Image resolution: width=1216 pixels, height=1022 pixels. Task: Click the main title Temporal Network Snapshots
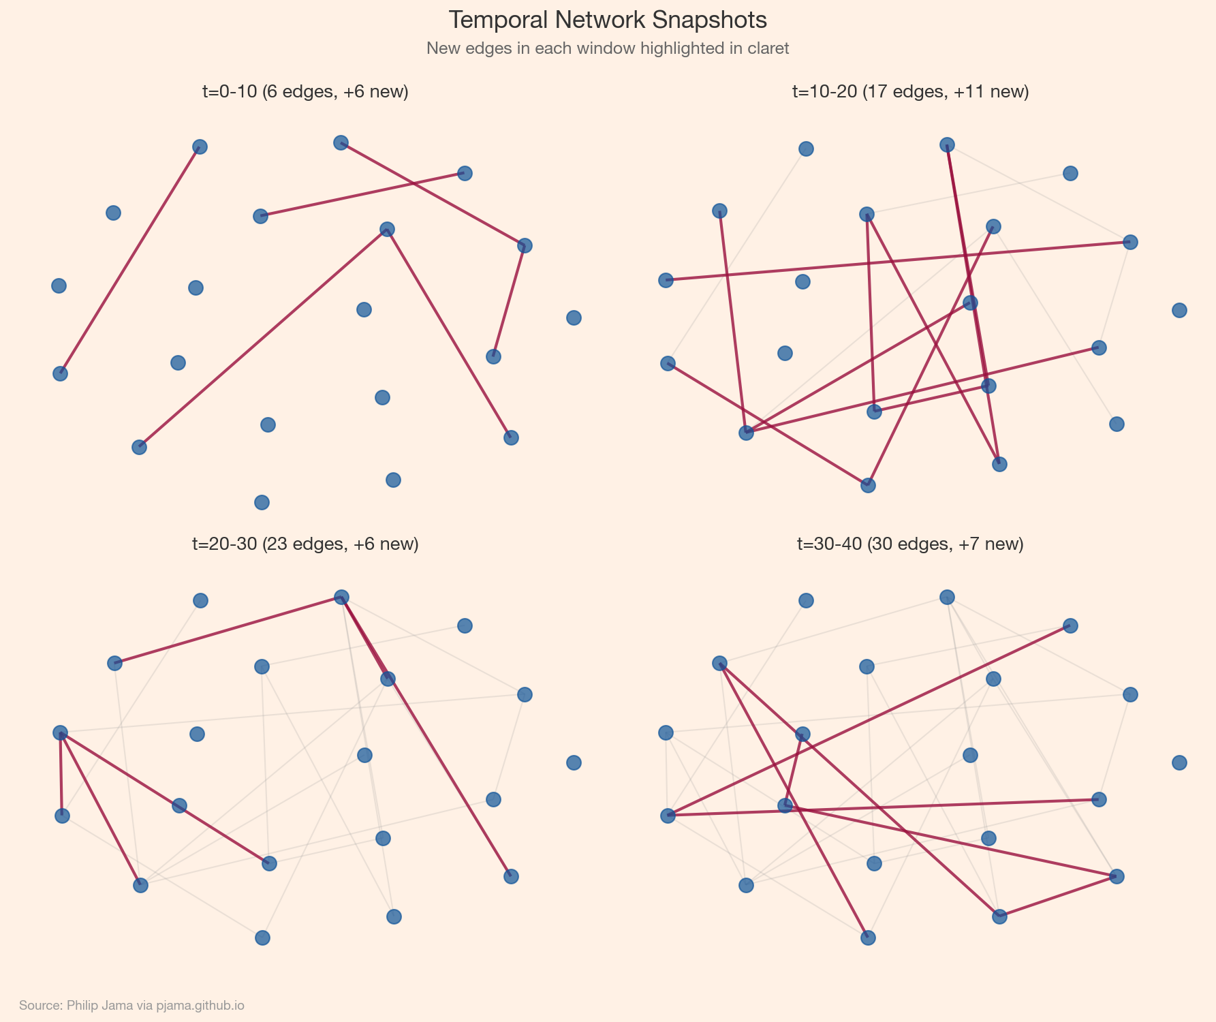coord(608,20)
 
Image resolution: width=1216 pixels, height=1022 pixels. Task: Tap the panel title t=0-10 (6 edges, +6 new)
coord(305,92)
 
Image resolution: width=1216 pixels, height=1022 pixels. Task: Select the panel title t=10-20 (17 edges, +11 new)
coord(910,92)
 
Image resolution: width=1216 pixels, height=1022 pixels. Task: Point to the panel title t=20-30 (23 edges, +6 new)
coord(305,544)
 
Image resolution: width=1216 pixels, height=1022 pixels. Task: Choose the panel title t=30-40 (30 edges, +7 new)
coord(910,544)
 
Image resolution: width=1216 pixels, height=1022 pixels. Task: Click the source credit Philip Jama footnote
coord(131,1005)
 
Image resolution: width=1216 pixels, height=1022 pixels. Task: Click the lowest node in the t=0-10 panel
coord(262,502)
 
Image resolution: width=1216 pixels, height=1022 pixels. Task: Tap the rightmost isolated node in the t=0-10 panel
coord(574,318)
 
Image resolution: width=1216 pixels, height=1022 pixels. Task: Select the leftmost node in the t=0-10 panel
coord(59,285)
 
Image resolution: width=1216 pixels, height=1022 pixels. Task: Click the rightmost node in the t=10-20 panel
coord(1179,310)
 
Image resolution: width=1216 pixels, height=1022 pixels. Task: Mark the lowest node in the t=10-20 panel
coord(868,485)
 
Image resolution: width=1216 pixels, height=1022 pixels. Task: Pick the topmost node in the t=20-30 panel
coord(342,597)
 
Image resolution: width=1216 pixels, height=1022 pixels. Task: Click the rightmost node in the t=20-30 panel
coord(574,762)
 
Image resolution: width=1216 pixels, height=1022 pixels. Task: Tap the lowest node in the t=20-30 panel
coord(262,938)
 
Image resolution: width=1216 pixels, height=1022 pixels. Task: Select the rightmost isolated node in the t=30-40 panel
coord(1179,762)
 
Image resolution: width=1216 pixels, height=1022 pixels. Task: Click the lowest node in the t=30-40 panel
coord(868,938)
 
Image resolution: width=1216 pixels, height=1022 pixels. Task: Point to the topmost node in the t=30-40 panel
coord(947,597)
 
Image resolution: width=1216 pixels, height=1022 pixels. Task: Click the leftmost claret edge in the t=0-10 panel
coord(129,260)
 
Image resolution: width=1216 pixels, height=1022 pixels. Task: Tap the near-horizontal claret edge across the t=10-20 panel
coord(898,261)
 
